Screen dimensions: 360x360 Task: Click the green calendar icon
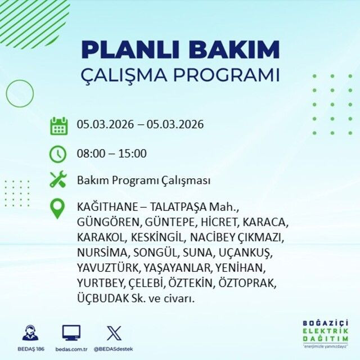coord(58,125)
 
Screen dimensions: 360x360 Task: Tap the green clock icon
coord(58,154)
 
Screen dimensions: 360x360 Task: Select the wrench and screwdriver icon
coord(58,181)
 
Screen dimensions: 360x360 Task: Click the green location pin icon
coord(58,208)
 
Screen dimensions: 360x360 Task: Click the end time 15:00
coord(133,154)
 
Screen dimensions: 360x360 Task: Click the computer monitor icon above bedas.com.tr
coord(71,332)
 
